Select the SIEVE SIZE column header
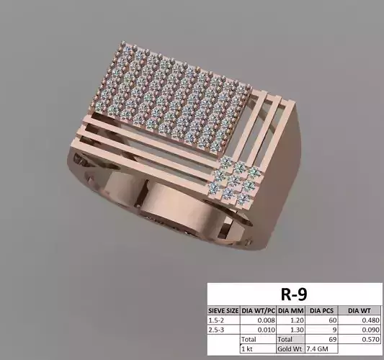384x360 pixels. coord(223,310)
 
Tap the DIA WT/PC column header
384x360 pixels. coord(256,310)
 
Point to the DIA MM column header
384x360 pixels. coord(289,310)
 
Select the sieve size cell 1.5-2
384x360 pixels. coord(216,320)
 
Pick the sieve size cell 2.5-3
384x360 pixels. coord(216,330)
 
